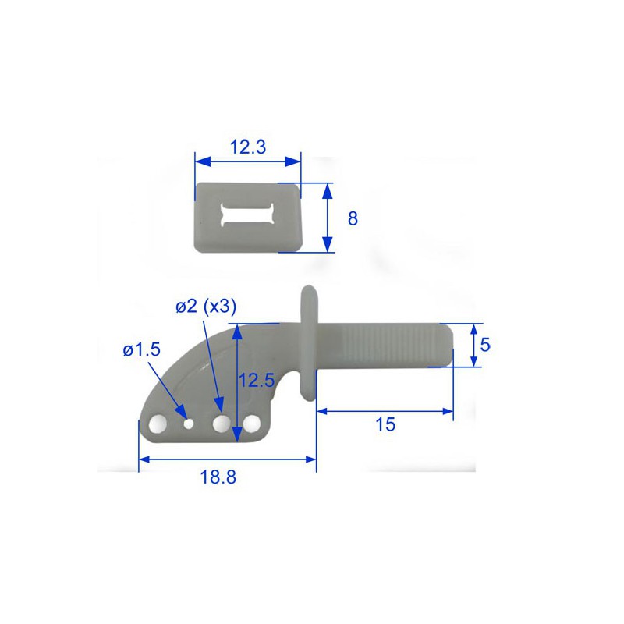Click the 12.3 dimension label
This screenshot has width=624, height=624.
tap(247, 146)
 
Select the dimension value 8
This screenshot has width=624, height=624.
tap(353, 218)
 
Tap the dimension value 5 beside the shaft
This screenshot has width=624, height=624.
tap(485, 344)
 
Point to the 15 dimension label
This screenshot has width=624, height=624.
tap(385, 424)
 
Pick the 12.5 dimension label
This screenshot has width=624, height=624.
tap(256, 381)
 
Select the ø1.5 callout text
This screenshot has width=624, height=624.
tap(140, 350)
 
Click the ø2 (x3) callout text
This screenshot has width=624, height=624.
tap(204, 307)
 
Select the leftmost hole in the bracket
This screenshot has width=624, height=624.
tap(157, 424)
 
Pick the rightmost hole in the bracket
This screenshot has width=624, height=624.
tap(251, 424)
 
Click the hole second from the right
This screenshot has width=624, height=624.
tap(222, 424)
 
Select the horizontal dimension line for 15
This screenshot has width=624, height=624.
tap(385, 410)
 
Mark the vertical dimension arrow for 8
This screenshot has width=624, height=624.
tap(328, 218)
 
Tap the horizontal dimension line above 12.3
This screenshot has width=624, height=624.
tap(247, 161)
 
